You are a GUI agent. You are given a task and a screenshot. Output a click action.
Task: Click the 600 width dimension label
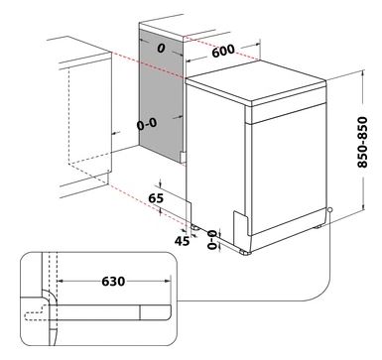point(223,51)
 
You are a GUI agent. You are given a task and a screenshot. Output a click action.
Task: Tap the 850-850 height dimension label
point(363,142)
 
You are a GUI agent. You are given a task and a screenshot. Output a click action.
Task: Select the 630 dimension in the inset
point(113,282)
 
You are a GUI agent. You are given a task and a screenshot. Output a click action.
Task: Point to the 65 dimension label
point(156,198)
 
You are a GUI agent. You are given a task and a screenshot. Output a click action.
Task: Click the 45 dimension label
point(182,241)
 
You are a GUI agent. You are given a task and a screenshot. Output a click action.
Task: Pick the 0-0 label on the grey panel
point(147,124)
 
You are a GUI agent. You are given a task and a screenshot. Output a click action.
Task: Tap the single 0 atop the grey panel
point(161,49)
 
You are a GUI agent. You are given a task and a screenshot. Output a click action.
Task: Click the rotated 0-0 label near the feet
point(212,240)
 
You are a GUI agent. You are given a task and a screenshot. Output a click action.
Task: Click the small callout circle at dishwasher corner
point(329,210)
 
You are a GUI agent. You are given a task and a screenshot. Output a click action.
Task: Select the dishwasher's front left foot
point(245,252)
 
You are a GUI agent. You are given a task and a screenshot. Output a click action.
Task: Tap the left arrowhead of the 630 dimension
point(61,282)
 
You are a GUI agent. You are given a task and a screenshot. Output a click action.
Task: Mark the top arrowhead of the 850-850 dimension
point(363,72)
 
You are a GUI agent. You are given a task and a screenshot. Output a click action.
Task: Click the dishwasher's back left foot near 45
point(194,227)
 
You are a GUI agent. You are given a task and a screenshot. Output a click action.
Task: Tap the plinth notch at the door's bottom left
point(242,222)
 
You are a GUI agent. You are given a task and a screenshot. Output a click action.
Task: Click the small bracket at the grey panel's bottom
point(183,157)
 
